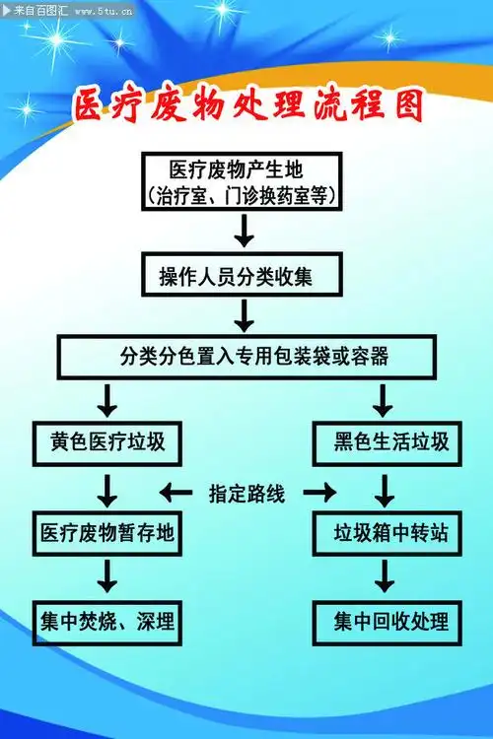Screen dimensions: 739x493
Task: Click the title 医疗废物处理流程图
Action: [x=247, y=106]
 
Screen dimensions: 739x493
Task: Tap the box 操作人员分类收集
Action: [x=244, y=276]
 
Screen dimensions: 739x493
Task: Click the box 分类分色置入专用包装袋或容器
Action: [x=246, y=356]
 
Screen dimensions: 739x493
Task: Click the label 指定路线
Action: [x=246, y=494]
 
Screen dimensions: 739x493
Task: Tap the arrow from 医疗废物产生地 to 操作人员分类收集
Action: [x=245, y=233]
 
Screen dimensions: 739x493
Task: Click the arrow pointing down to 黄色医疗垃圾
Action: [x=107, y=399]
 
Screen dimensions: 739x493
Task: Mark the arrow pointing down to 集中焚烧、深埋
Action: [x=107, y=576]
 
